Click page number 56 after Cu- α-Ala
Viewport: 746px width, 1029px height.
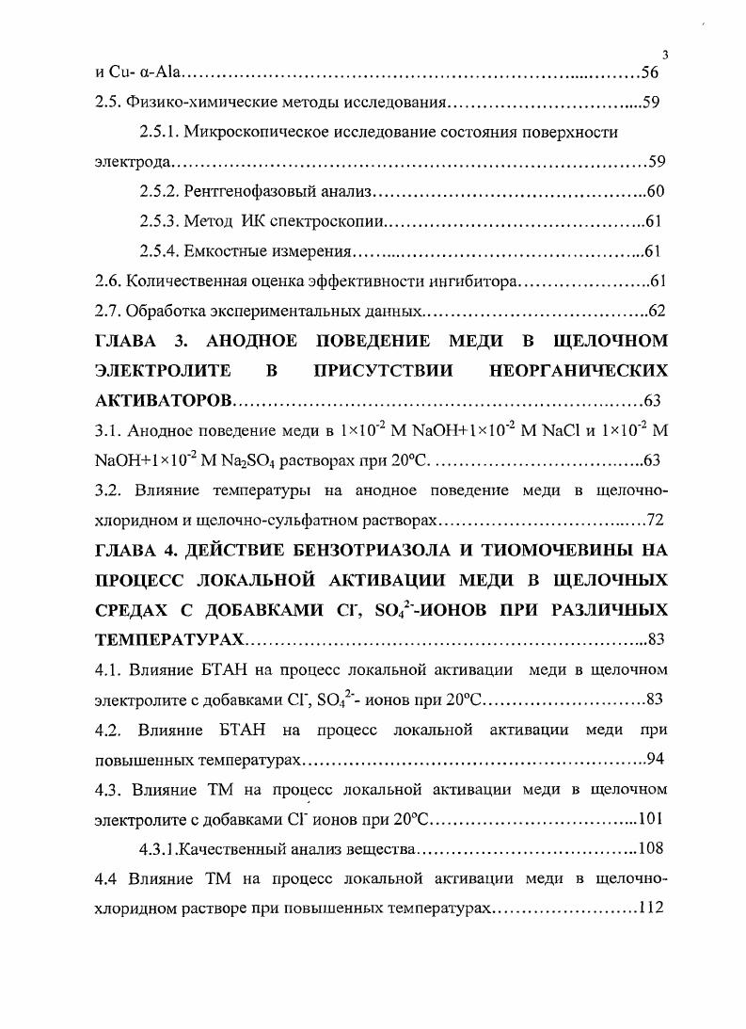point(650,72)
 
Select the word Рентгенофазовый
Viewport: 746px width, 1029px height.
point(242,192)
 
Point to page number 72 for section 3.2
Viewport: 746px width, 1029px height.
point(655,520)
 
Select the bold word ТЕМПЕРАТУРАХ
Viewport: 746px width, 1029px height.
point(170,640)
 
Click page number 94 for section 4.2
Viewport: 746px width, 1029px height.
point(657,759)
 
